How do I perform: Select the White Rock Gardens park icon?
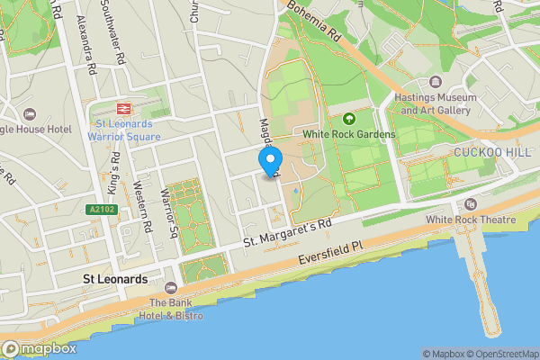(x=348, y=118)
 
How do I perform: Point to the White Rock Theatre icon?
(x=471, y=203)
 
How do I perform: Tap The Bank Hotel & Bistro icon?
(x=170, y=287)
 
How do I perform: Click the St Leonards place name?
(x=115, y=279)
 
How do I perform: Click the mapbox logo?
(x=39, y=348)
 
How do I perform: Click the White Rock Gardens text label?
(x=348, y=135)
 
